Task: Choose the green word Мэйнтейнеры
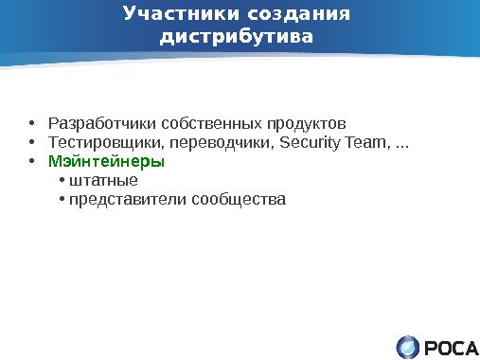106,162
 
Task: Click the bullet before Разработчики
32,124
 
